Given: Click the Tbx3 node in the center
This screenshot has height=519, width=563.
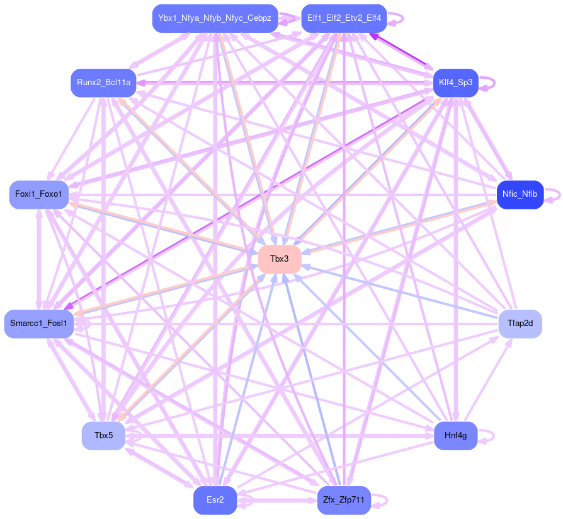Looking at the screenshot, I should pos(279,259).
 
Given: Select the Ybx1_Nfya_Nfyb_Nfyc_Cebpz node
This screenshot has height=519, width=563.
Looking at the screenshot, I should pos(215,18).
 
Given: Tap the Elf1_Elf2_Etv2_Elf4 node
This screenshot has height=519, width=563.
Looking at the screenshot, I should pos(344,18).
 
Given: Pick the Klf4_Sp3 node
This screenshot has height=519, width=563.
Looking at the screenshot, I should pos(456,83).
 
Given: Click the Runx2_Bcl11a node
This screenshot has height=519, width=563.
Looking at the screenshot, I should pos(103,83).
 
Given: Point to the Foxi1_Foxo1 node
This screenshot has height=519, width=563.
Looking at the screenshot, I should pos(38,194).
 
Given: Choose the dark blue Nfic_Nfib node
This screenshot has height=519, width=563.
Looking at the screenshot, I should pos(520,194).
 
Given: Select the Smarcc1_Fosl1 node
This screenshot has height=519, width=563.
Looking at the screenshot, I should pos(38,324).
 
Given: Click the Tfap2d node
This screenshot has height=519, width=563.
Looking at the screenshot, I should pos(520,324).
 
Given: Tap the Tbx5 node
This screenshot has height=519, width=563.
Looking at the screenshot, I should pos(103,436).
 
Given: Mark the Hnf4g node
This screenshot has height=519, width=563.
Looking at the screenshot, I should pos(455,436).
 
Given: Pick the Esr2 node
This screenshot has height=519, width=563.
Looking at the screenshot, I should pos(215,500).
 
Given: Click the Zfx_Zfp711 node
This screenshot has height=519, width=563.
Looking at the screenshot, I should pos(344,500).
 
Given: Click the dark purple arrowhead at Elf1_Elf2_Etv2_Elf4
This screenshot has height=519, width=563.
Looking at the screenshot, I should pos(373,36).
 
